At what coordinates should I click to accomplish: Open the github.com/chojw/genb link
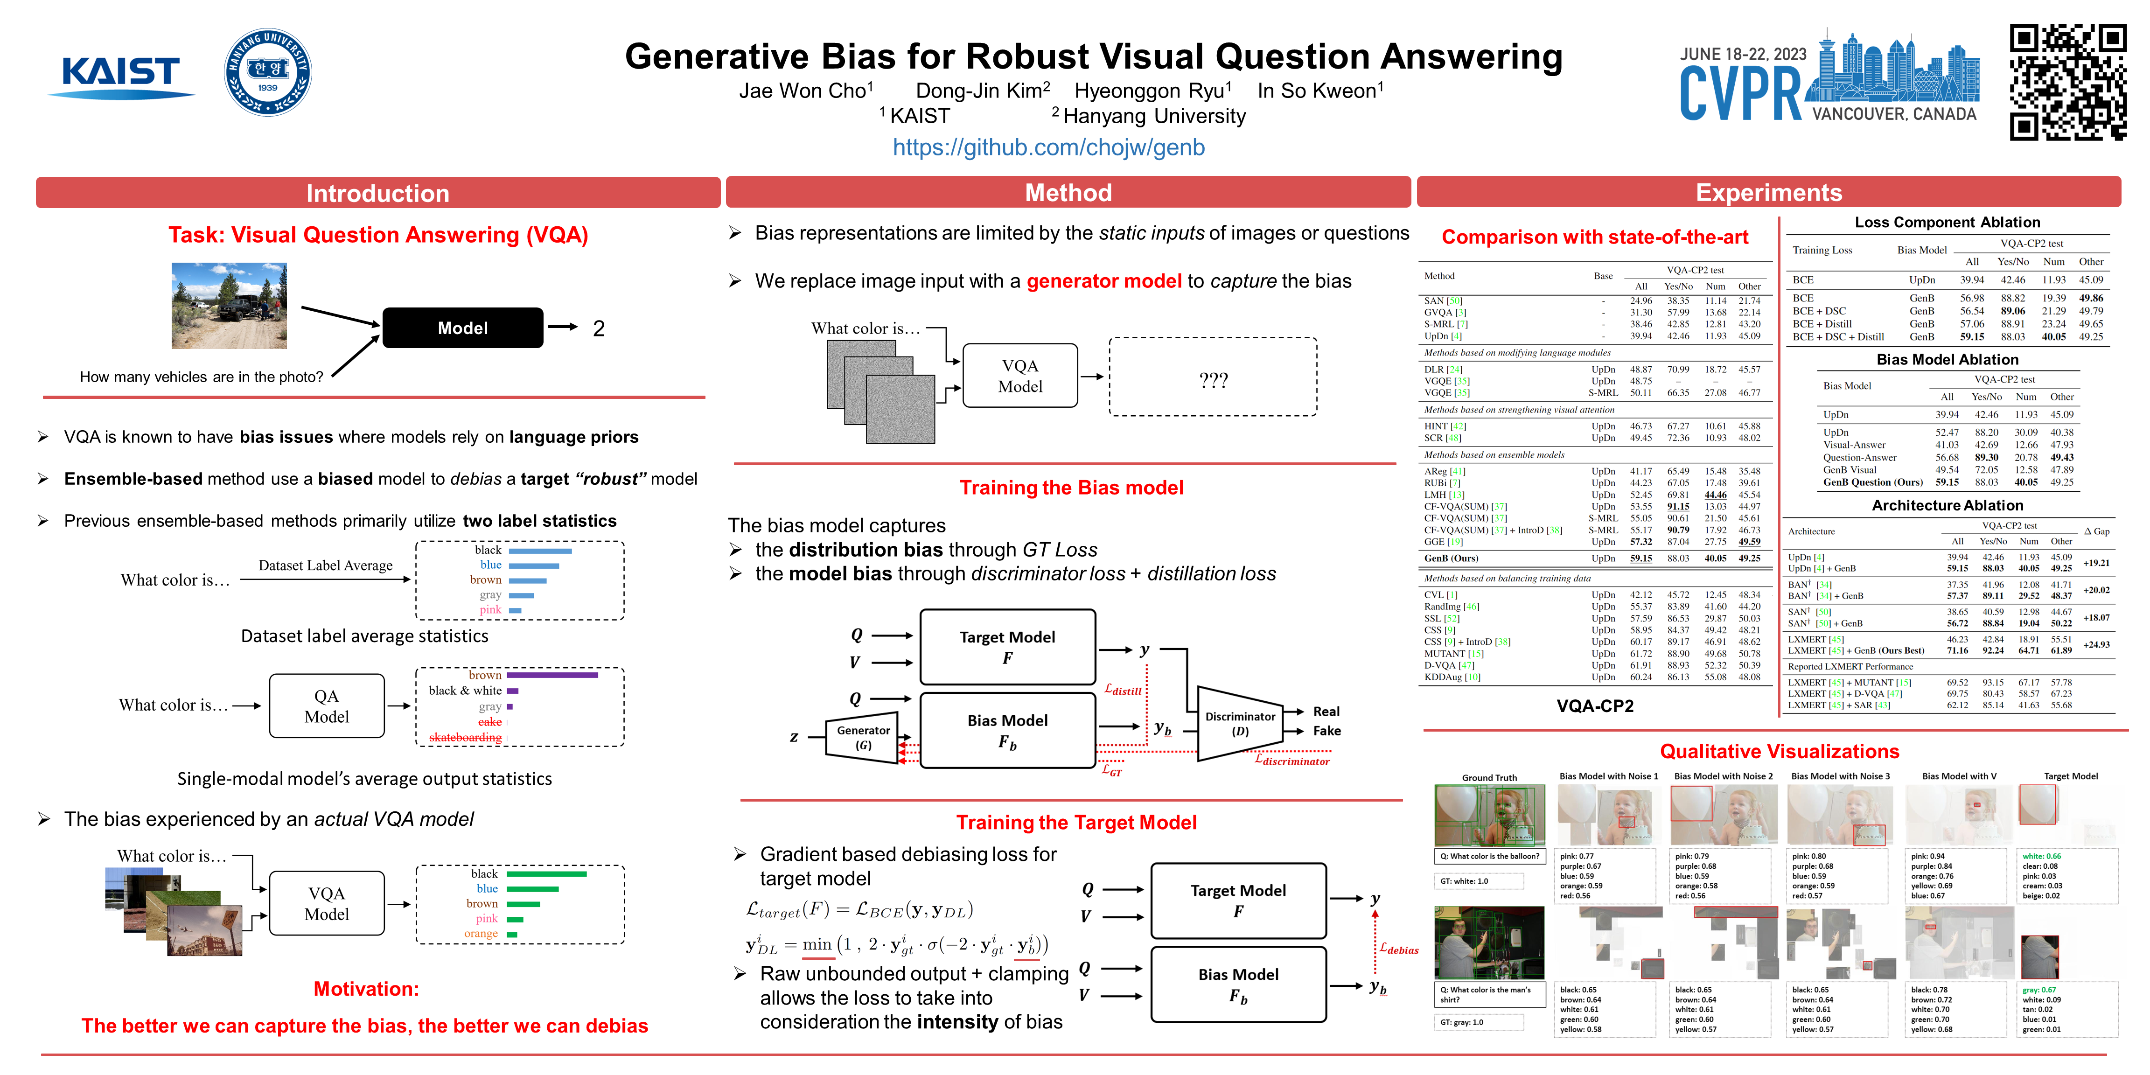point(1048,148)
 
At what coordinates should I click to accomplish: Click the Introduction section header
point(377,193)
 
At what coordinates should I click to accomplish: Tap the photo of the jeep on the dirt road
point(229,306)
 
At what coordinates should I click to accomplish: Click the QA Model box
point(326,706)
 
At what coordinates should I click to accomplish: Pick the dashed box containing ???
point(1213,377)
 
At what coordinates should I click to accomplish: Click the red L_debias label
point(1399,949)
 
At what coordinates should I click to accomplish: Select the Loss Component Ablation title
point(1947,222)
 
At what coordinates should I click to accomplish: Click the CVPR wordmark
point(1740,93)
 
